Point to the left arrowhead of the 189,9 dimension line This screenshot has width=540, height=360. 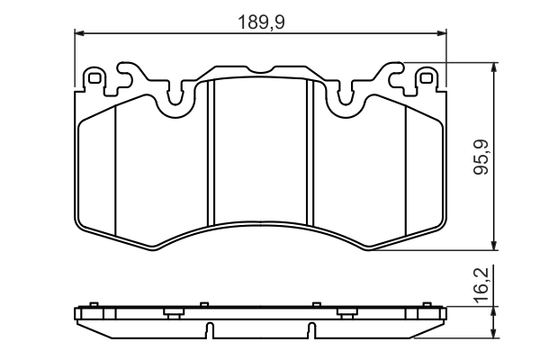(x=78, y=33)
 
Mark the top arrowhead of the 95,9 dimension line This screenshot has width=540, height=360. (x=494, y=67)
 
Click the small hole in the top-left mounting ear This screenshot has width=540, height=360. (x=93, y=78)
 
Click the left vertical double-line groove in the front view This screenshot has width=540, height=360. (x=210, y=153)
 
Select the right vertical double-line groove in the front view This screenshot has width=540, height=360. (x=310, y=153)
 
